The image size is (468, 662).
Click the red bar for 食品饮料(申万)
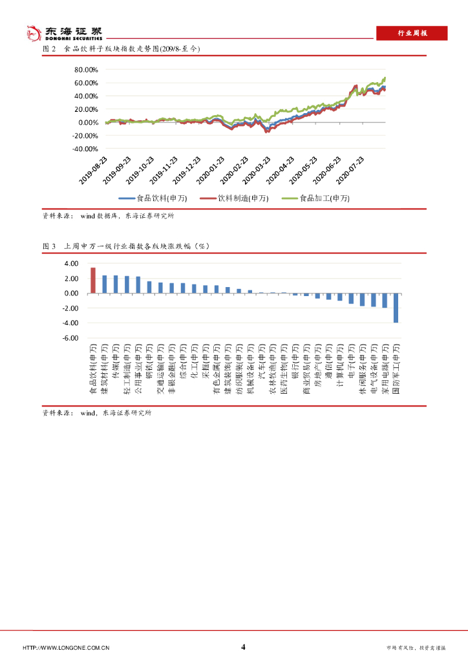coord(93,281)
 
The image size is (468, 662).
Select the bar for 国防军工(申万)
coord(396,308)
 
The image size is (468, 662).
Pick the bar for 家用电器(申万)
coord(385,301)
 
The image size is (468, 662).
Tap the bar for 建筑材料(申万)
coord(104,284)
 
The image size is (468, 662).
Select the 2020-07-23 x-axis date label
coord(359,170)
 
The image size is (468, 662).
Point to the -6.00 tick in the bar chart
coord(70,337)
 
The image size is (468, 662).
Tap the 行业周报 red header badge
coord(412,33)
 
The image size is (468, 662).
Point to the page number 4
coord(243,647)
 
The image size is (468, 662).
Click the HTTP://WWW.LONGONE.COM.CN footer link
coord(66,648)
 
